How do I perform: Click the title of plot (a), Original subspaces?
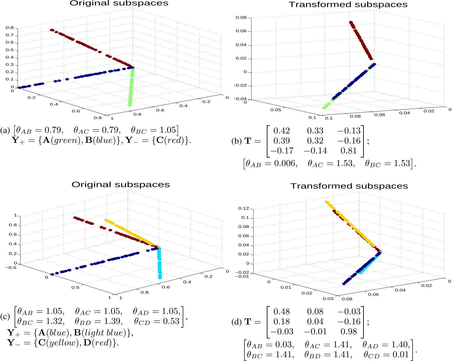click(119, 3)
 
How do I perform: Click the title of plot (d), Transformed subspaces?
click(349, 186)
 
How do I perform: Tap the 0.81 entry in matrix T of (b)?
click(349, 151)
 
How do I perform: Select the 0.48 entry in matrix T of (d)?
click(282, 312)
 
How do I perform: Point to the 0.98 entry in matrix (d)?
click(349, 332)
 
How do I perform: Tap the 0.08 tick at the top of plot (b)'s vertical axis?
click(241, 18)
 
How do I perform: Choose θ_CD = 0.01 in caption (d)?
click(386, 355)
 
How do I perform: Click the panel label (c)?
click(5, 317)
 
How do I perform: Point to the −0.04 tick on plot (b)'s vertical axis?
click(240, 99)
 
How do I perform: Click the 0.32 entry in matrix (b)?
click(315, 141)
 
